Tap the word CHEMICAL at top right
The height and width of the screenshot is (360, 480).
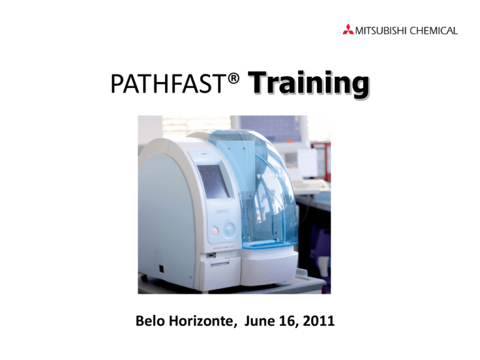(434, 29)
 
